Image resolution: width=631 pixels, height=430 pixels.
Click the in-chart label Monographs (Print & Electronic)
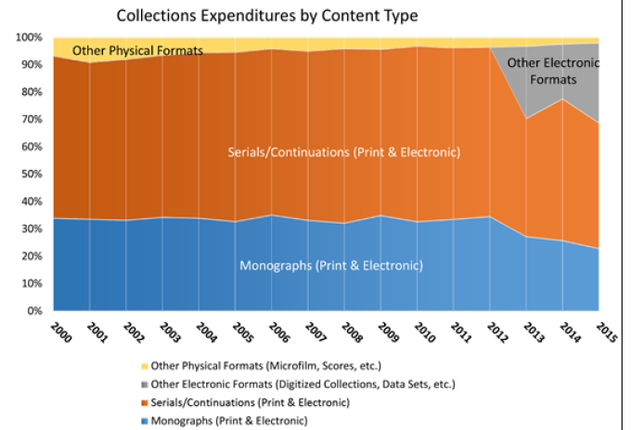(x=330, y=266)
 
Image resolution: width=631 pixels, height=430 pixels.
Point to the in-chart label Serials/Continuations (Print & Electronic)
(x=343, y=152)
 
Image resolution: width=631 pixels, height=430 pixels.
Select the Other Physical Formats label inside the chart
(x=137, y=49)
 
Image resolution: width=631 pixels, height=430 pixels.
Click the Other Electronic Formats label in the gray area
(x=565, y=72)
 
